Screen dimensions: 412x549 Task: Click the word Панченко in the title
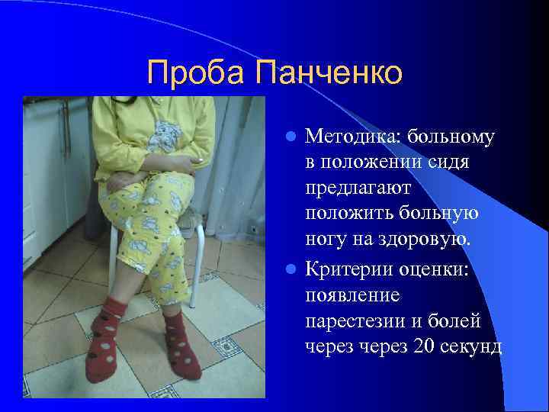click(x=329, y=73)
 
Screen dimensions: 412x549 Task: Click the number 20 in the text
click(x=422, y=346)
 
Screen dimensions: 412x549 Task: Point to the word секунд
click(x=472, y=346)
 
